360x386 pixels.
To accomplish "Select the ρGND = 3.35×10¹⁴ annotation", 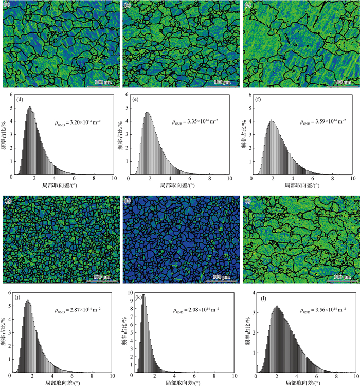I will click(195, 122).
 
